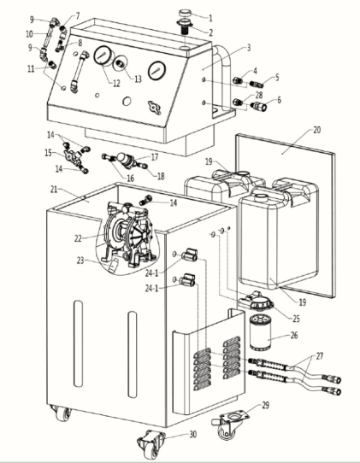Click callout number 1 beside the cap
pyautogui.click(x=210, y=18)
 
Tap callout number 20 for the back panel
pyautogui.click(x=317, y=130)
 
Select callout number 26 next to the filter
pyautogui.click(x=294, y=336)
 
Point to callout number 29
pyautogui.click(x=266, y=406)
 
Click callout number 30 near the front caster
pyautogui.click(x=193, y=434)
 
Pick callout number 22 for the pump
pyautogui.click(x=78, y=238)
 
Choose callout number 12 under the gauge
pyautogui.click(x=117, y=84)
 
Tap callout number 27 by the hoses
pyautogui.click(x=320, y=356)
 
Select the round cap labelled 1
pyautogui.click(x=186, y=13)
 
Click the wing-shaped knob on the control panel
pyautogui.click(x=155, y=107)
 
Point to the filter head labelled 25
pyautogui.click(x=257, y=301)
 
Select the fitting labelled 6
pyautogui.click(x=258, y=106)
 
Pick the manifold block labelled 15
pyautogui.click(x=73, y=154)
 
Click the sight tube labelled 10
pyautogui.click(x=49, y=38)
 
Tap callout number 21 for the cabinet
pyautogui.click(x=54, y=190)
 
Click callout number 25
pyautogui.click(x=296, y=319)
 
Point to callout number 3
pyautogui.click(x=249, y=48)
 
